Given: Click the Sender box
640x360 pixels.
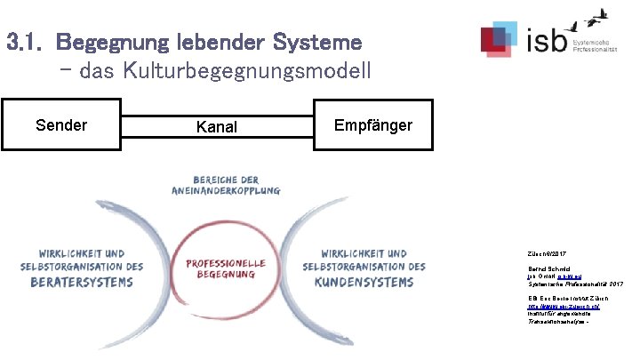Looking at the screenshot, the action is pyautogui.click(x=61, y=125).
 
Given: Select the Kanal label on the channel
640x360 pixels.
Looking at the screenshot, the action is pyautogui.click(x=216, y=127).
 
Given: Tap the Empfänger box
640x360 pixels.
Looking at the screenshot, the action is pyautogui.click(x=372, y=125).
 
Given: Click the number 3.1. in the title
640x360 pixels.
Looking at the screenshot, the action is pyautogui.click(x=26, y=43).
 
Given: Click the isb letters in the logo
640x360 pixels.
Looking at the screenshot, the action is pyautogui.click(x=544, y=41).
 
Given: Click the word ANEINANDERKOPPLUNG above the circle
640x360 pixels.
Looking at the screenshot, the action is pyautogui.click(x=226, y=190).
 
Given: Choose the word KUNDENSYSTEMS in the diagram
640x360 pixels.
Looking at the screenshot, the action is pyautogui.click(x=364, y=283).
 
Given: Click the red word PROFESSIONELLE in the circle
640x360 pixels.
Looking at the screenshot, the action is pyautogui.click(x=226, y=263).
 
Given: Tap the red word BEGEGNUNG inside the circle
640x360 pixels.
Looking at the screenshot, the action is pyautogui.click(x=226, y=276).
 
